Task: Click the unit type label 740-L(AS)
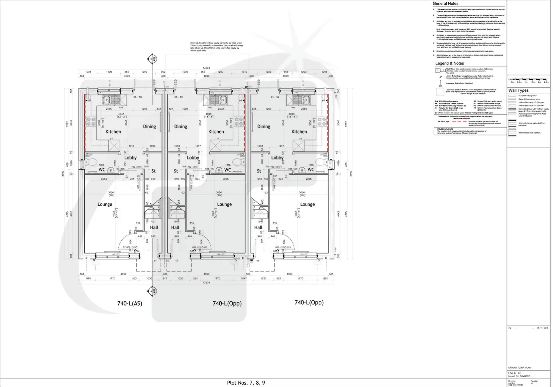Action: pyautogui.click(x=130, y=303)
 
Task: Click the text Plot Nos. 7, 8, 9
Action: pyautogui.click(x=246, y=383)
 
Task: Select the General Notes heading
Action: pyautogui.click(x=445, y=4)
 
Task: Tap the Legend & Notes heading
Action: pyautogui.click(x=449, y=63)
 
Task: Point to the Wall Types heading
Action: pyautogui.click(x=518, y=90)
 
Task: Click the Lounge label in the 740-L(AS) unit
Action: pyautogui.click(x=105, y=204)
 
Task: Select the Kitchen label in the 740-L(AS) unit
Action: pyautogui.click(x=113, y=132)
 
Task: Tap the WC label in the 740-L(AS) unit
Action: pyautogui.click(x=102, y=170)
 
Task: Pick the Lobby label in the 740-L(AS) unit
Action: pyautogui.click(x=130, y=158)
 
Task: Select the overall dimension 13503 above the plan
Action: pyautogui.click(x=206, y=68)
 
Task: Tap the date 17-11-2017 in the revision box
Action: pyautogui.click(x=542, y=328)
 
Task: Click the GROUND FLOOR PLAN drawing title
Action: pyautogui.click(x=519, y=368)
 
